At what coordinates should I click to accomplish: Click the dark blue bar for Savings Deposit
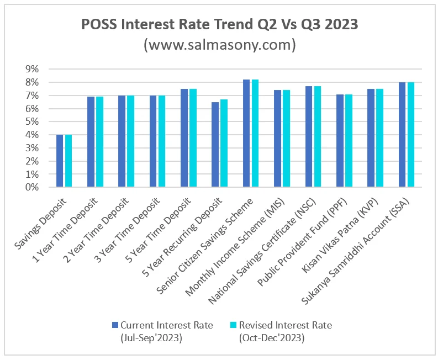click(60, 161)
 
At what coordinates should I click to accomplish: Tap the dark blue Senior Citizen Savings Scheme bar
click(246, 134)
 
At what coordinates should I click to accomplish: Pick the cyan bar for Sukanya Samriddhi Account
click(411, 135)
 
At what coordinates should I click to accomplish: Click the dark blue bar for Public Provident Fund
click(340, 141)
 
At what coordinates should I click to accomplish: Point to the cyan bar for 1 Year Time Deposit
click(99, 142)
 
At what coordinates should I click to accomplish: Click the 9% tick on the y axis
click(32, 69)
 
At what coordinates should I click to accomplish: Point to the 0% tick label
click(32, 188)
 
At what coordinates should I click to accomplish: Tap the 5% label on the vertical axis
click(32, 121)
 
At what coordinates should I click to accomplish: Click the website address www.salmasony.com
click(219, 44)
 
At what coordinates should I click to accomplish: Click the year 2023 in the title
click(336, 25)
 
